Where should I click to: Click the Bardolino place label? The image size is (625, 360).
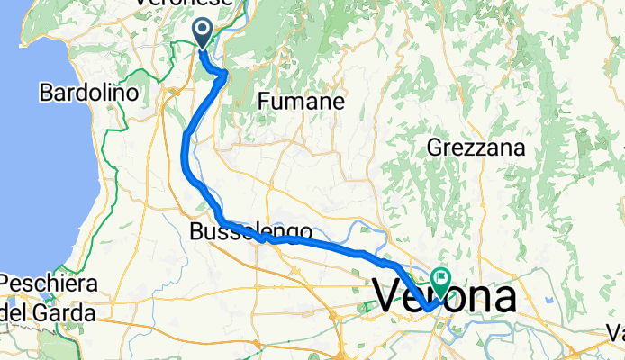87,93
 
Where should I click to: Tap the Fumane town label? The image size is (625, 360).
301,103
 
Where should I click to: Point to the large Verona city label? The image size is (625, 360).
444,297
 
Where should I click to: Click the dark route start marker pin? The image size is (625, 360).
203,34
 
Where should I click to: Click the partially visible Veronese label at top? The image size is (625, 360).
184,4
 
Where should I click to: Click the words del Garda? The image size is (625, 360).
50,313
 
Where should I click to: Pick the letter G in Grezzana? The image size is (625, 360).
435,146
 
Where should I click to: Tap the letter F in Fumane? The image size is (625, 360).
264,103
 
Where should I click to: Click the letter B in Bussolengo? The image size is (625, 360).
197,232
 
